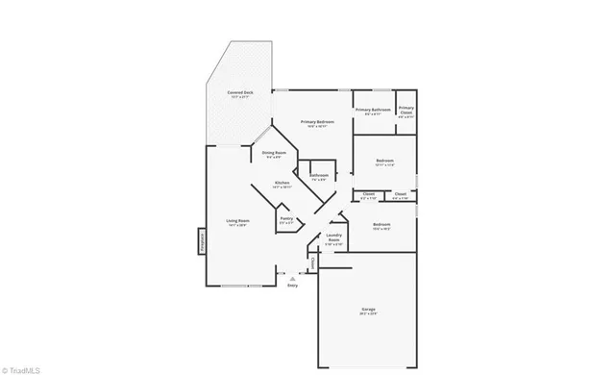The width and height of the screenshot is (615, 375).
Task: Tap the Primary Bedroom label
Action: coord(317,121)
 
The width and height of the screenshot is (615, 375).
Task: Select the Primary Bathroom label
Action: coord(373,110)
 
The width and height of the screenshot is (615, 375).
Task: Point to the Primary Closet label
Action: coord(406,109)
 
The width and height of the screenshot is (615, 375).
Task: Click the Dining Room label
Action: coord(274,152)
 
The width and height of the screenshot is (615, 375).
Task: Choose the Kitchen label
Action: coord(282,183)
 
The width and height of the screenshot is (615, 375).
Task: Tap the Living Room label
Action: coord(237,221)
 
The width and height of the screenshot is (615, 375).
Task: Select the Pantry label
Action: coord(286,218)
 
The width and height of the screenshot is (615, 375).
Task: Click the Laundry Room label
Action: coord(333,237)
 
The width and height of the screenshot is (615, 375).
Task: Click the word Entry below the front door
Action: coord(292,286)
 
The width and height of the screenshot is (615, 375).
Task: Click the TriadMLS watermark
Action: coord(20,367)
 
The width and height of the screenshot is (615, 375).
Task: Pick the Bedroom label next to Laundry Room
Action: coord(381,224)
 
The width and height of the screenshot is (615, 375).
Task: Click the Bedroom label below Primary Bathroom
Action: coord(384,160)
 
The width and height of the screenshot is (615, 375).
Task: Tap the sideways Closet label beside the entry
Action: coord(311,262)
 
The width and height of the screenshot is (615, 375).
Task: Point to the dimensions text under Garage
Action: coord(368,314)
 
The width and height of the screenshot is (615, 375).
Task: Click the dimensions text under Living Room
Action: coord(237,226)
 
